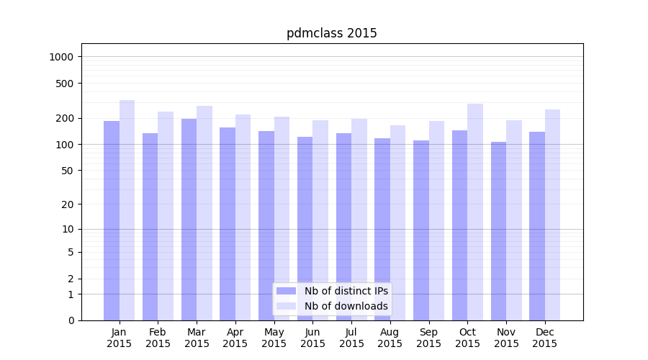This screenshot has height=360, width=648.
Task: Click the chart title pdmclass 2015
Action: point(331,33)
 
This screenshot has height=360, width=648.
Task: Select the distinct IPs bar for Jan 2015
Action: point(112,220)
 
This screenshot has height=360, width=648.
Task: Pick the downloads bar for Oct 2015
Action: point(475,212)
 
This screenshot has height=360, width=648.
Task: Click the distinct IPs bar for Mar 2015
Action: point(189,220)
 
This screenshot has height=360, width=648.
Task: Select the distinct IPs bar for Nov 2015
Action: point(498,231)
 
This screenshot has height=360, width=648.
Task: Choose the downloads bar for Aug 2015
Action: point(397,222)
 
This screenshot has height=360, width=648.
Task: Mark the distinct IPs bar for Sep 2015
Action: point(421,230)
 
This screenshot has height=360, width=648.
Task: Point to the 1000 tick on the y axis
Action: point(62,57)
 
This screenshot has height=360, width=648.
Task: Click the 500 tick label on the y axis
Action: point(65,84)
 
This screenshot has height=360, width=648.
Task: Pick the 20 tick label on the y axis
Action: point(68,204)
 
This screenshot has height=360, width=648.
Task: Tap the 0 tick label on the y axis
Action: point(71,320)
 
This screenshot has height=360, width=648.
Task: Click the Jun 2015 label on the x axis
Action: point(312,338)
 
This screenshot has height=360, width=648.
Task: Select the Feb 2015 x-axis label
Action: point(158,338)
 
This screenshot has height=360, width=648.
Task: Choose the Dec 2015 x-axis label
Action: point(545,338)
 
